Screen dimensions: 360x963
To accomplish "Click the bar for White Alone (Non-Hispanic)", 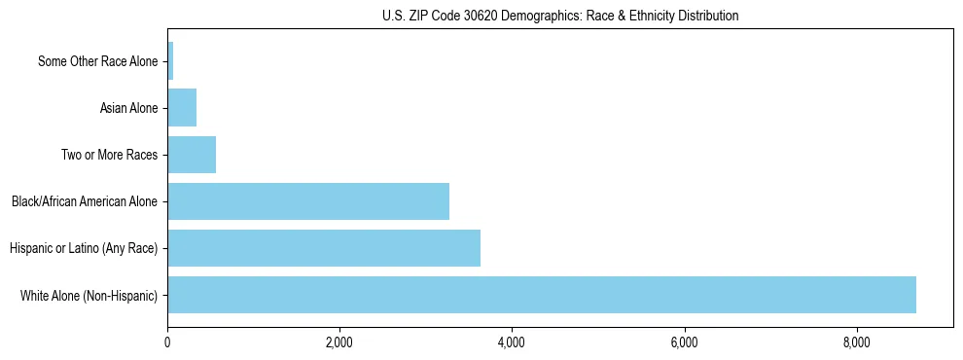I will point(542,295).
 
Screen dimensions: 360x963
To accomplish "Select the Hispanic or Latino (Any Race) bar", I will point(324,248).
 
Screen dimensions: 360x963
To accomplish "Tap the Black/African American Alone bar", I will point(308,201).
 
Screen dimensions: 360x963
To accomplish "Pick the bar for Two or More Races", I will point(192,155).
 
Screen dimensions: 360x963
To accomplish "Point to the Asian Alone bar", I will point(182,108).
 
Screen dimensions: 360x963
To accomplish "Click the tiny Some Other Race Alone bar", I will point(170,61).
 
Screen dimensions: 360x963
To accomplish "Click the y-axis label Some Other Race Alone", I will point(97,61).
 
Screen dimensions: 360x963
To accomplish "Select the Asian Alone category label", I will point(128,108).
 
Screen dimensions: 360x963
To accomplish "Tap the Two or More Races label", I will point(109,155).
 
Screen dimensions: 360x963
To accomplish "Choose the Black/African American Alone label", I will point(85,201).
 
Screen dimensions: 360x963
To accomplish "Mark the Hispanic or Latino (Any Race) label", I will point(84,248).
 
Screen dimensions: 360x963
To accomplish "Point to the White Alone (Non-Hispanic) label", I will point(89,295).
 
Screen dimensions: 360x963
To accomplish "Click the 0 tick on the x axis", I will point(167,342).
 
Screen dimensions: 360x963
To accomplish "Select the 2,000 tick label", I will point(339,342).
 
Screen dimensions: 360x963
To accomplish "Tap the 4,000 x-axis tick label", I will point(512,342).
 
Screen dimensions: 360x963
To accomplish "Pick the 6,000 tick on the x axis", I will point(684,342).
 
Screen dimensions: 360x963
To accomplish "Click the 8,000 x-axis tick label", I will point(856,342).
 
